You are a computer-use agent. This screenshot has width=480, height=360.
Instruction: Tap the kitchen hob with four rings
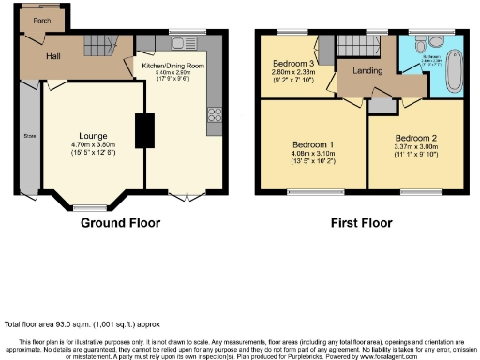(214, 114)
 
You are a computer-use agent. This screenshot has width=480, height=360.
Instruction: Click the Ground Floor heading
(120, 223)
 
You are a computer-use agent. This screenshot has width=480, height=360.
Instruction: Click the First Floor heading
(360, 223)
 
